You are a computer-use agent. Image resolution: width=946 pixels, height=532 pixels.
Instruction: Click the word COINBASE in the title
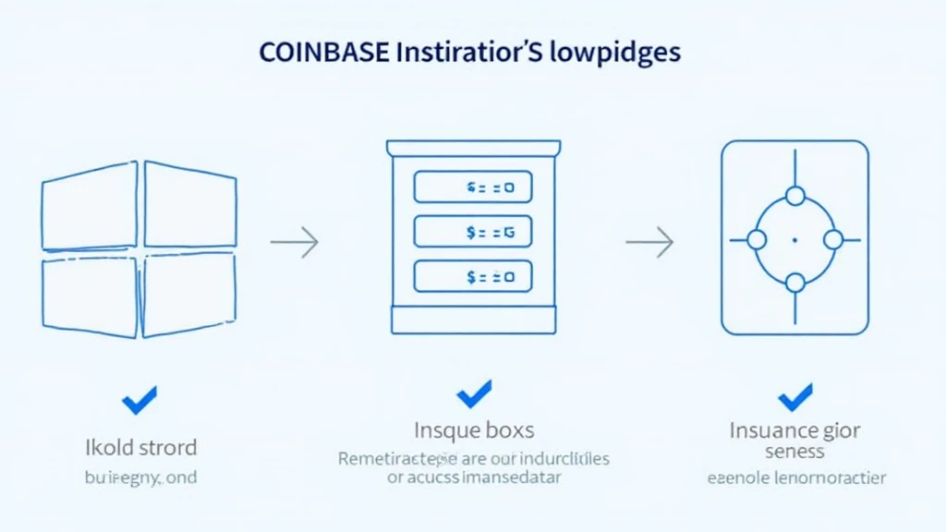pos(322,52)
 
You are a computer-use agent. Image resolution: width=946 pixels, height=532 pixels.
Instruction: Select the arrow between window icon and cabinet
pos(294,243)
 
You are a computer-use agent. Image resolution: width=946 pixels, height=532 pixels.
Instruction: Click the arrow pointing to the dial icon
pos(649,243)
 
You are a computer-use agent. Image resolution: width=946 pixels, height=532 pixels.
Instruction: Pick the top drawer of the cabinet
pos(473,188)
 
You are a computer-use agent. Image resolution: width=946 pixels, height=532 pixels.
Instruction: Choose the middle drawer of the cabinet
pos(473,232)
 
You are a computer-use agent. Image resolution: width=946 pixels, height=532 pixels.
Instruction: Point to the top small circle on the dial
pos(794,196)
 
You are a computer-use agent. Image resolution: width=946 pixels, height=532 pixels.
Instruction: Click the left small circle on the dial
pos(756,240)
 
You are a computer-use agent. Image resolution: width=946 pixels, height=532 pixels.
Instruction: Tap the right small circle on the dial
pos(832,240)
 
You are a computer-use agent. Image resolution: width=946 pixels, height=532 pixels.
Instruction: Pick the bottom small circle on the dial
pos(794,281)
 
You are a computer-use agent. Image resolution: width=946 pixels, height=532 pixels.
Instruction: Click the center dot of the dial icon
pos(794,240)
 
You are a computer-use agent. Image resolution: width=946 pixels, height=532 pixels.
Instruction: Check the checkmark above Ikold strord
pos(139,400)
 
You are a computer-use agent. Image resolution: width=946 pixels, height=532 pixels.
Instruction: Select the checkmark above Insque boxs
pos(474,396)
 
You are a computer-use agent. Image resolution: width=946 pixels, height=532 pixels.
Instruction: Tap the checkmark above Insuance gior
pos(794,397)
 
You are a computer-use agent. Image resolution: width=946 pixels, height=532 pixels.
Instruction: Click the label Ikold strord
pos(140,448)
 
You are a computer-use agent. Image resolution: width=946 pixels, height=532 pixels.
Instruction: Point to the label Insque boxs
pos(474,429)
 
